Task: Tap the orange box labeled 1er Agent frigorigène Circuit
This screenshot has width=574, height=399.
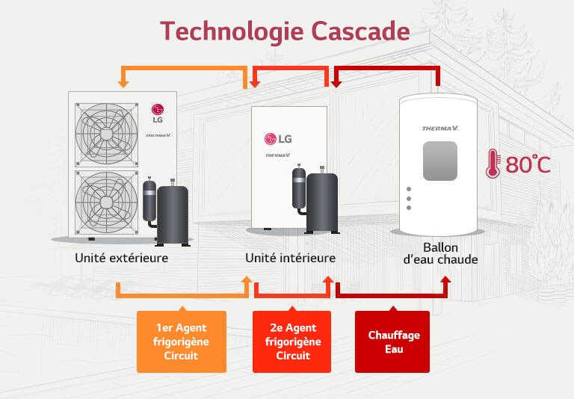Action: [181, 341]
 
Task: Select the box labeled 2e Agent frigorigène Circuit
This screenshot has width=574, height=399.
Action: [292, 341]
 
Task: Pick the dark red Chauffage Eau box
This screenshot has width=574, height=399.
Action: [392, 341]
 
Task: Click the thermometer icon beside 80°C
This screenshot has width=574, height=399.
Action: [493, 164]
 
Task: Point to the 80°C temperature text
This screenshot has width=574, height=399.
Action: [528, 164]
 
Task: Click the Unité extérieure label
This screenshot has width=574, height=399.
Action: [121, 258]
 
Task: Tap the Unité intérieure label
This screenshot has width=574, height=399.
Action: [290, 258]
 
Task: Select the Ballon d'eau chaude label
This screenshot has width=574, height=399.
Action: [440, 253]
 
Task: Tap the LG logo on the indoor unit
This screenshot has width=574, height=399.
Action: [277, 139]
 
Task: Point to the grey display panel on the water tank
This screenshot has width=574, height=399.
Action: [439, 161]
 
